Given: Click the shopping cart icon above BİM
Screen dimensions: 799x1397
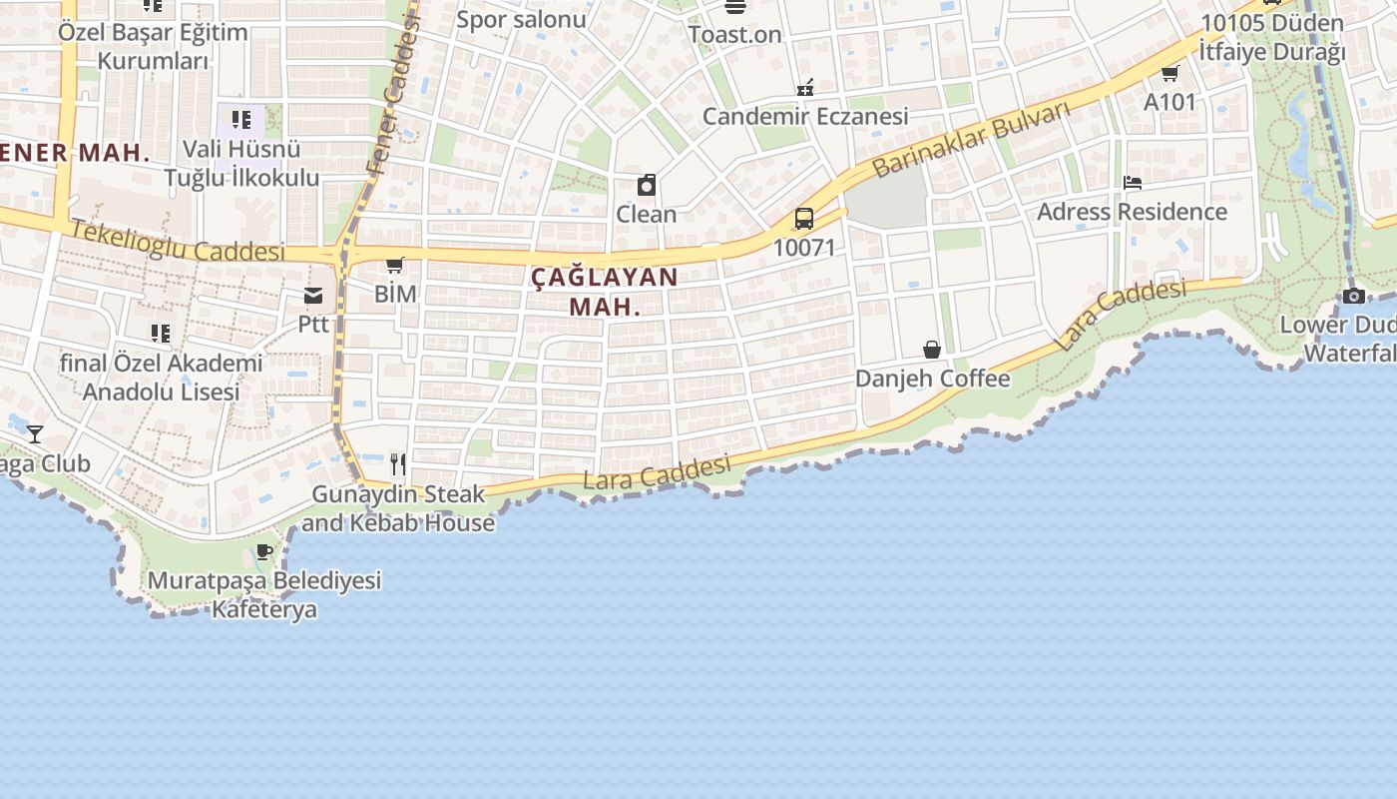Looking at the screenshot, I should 394,265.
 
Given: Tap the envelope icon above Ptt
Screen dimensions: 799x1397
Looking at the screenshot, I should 313,295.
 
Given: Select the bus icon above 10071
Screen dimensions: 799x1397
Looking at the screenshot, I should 803,218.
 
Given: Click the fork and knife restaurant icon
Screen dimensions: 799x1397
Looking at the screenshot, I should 397,463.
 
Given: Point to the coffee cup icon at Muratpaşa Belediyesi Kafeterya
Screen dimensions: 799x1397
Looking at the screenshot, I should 264,550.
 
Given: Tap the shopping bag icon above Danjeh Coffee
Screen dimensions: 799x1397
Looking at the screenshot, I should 931,349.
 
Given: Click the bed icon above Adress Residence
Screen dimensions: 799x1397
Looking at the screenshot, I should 1132,182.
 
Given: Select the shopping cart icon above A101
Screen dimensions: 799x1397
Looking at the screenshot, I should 1169,73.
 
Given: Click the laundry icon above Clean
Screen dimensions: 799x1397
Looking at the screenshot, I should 646,185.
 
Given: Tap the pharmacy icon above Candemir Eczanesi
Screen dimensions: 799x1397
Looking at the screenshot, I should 804,87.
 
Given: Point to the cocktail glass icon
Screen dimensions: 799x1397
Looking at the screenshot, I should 35,433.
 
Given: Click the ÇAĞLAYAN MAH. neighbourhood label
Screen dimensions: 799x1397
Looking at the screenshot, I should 604,291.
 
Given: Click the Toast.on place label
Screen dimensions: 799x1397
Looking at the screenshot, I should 734,34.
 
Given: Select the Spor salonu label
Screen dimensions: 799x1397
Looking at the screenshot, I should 521,19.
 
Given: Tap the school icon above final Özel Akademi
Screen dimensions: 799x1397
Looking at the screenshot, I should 160,333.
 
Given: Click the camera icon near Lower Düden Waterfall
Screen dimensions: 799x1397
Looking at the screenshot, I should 1354,296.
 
